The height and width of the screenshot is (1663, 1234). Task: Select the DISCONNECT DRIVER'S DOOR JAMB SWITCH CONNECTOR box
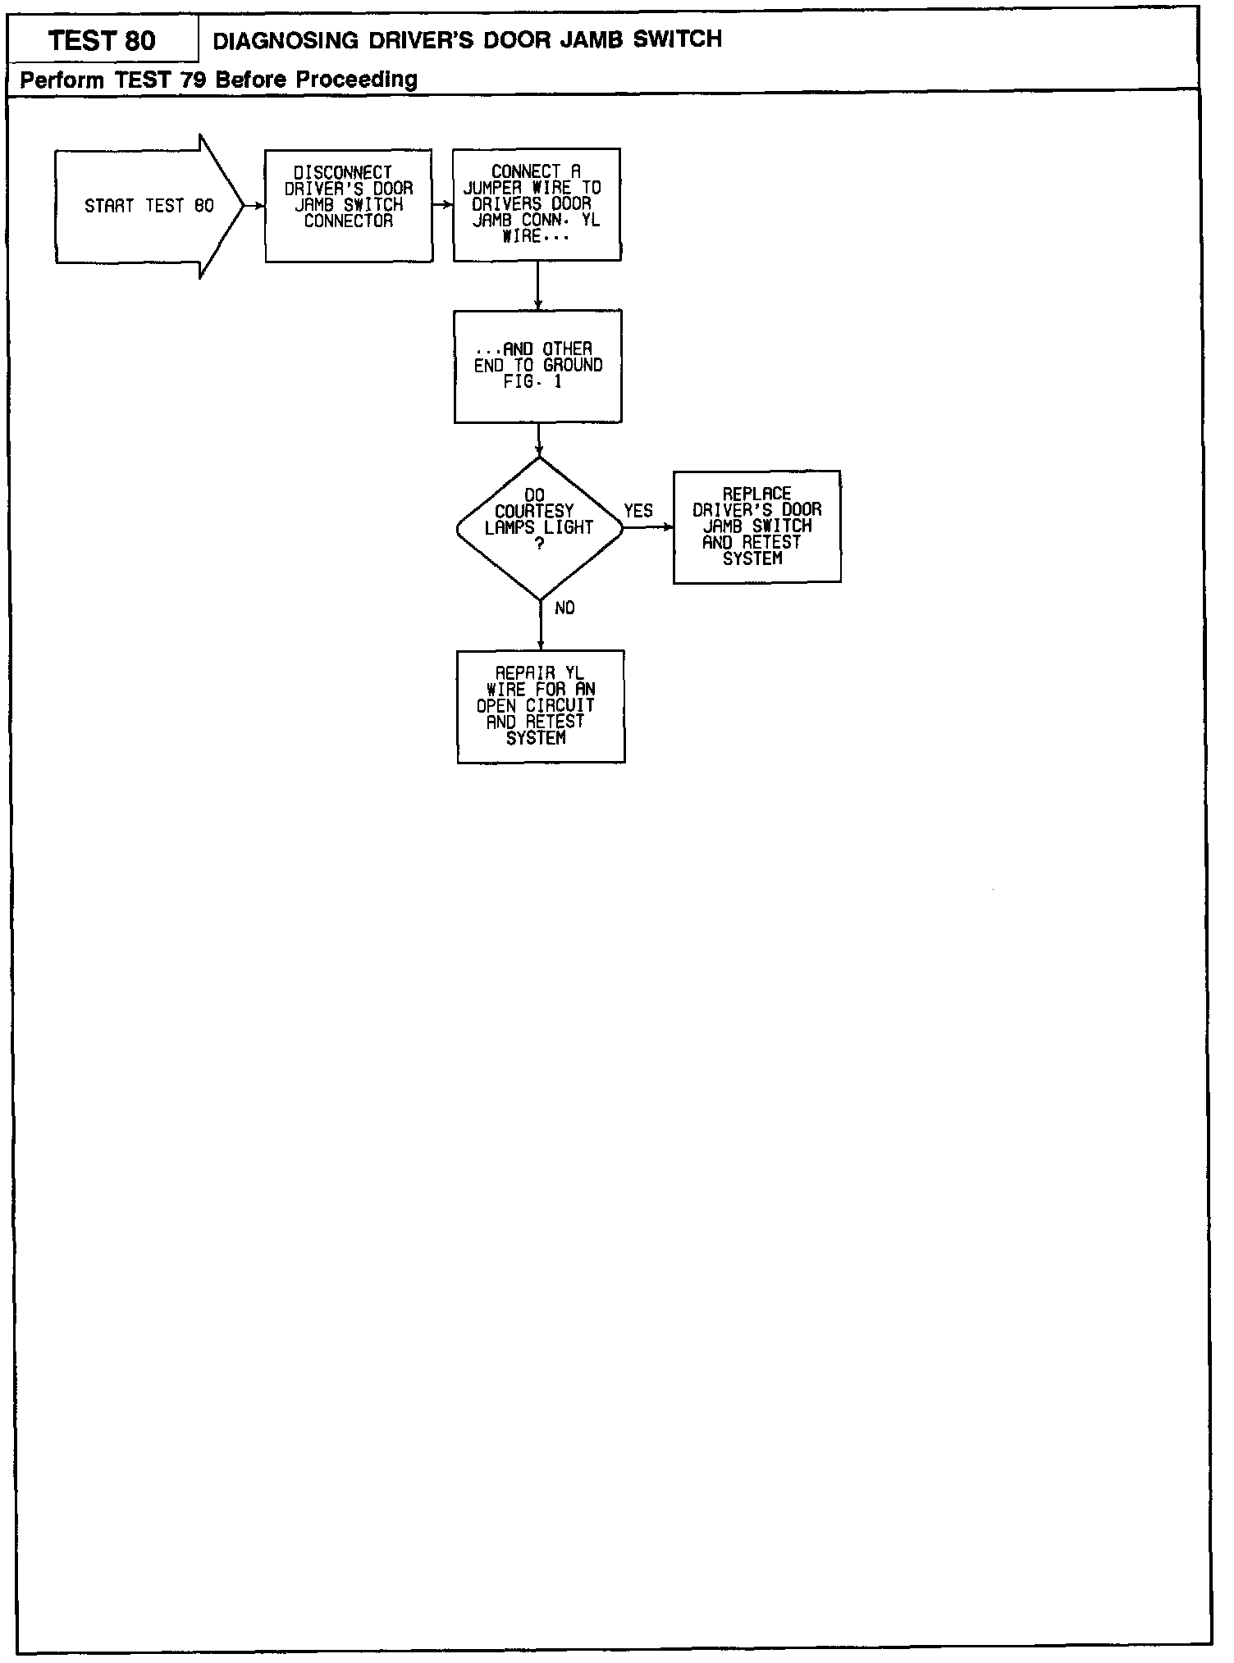point(349,206)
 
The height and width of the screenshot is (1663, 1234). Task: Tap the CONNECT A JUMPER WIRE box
point(537,205)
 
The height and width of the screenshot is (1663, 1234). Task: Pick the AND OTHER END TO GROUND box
point(537,366)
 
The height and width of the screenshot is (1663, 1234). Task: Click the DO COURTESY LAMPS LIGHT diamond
point(539,528)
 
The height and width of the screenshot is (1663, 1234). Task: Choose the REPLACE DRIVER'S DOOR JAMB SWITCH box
point(756,526)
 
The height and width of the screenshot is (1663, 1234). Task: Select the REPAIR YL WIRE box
point(541,706)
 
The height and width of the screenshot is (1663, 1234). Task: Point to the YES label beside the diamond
point(638,511)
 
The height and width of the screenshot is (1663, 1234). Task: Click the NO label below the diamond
point(564,608)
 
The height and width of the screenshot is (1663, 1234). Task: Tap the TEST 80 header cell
point(103,40)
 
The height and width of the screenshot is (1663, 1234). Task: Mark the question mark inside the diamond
point(539,544)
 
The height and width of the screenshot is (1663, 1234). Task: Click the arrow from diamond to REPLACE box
point(648,527)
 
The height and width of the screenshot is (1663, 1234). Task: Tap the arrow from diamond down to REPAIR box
point(541,625)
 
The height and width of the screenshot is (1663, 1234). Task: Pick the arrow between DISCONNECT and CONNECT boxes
point(443,205)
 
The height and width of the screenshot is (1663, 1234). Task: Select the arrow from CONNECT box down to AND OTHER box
point(537,285)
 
